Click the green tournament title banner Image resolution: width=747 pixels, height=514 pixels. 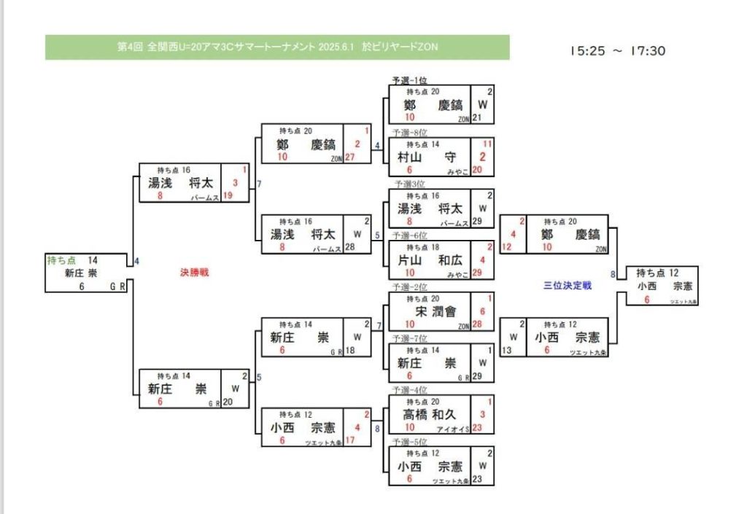(277, 47)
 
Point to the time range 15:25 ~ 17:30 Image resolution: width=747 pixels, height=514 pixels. (617, 51)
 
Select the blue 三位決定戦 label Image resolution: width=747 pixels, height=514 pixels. (568, 286)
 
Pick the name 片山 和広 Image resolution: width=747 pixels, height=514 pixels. (430, 259)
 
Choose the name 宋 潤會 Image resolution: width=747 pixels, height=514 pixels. (436, 311)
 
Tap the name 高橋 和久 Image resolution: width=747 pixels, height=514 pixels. (430, 414)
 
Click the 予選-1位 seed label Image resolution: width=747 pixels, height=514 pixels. (409, 79)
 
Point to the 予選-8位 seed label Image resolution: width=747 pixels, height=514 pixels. (409, 133)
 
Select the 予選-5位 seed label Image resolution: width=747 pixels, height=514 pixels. (409, 442)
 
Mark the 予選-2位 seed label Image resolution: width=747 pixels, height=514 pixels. (409, 286)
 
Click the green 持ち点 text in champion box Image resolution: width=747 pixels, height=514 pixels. (61, 260)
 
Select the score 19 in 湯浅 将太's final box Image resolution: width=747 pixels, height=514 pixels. (228, 195)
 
